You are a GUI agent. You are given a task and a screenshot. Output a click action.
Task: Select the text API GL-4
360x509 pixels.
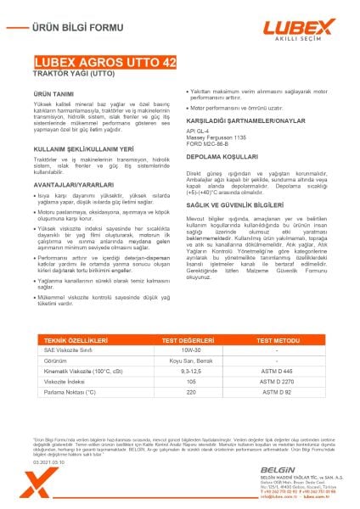coord(198,132)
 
